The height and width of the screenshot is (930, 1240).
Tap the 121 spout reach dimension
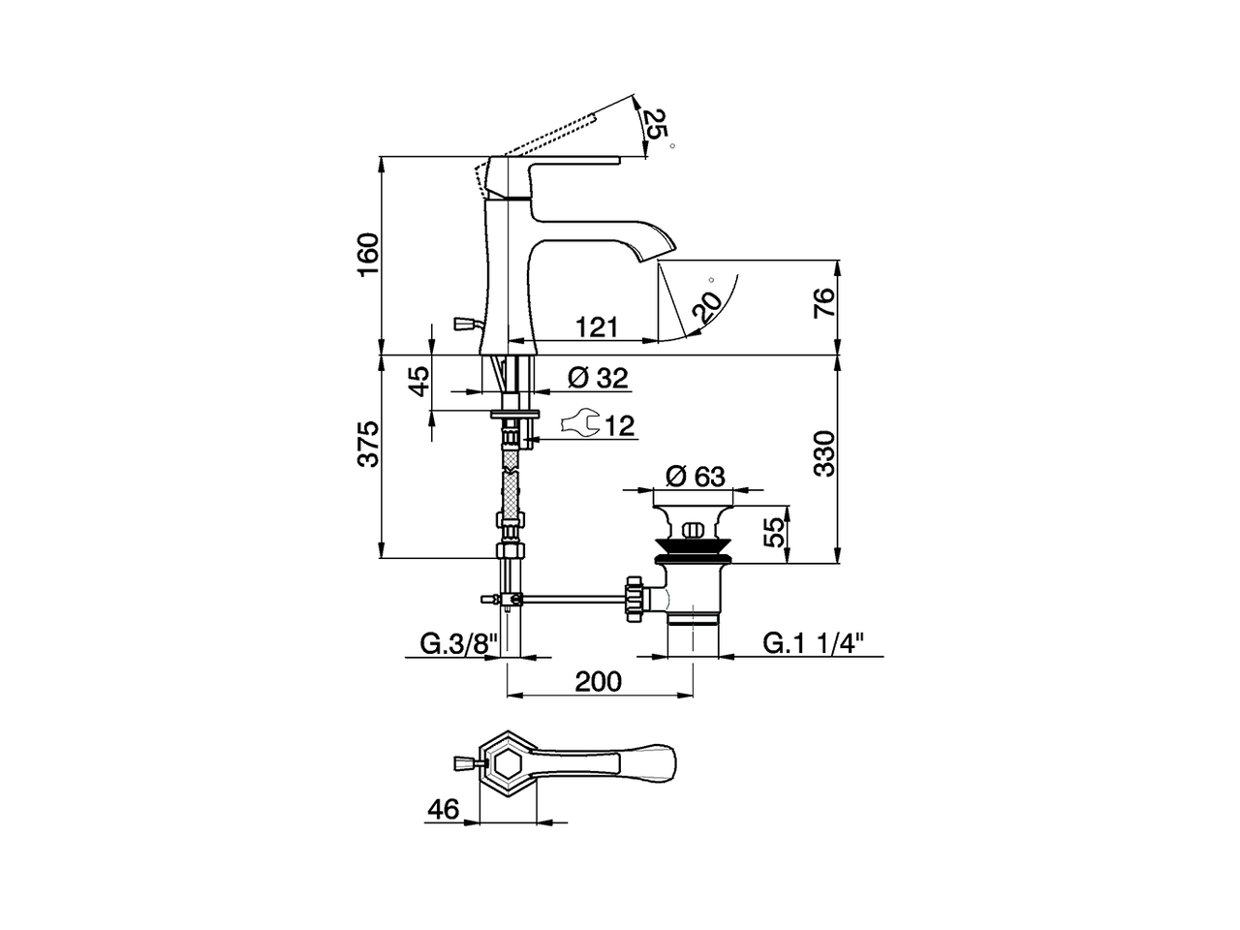tap(598, 326)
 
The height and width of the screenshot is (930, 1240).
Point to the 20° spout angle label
tap(709, 306)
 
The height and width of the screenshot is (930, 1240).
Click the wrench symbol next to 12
tap(579, 424)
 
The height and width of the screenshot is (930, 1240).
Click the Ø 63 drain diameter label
tap(696, 476)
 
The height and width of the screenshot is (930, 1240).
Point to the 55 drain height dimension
tap(773, 532)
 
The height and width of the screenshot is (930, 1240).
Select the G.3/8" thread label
tap(458, 643)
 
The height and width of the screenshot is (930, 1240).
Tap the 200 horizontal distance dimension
tap(599, 681)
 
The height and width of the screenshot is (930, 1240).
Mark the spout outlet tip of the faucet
tap(655, 254)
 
